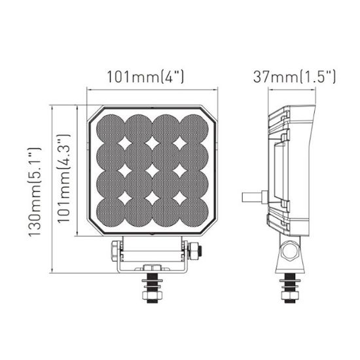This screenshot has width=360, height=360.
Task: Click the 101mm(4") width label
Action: click(145, 77)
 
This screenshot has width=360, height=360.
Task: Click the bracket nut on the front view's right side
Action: click(195, 250)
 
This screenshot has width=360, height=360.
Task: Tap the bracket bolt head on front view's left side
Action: click(115, 250)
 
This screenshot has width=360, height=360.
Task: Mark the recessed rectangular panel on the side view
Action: click(278, 172)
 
